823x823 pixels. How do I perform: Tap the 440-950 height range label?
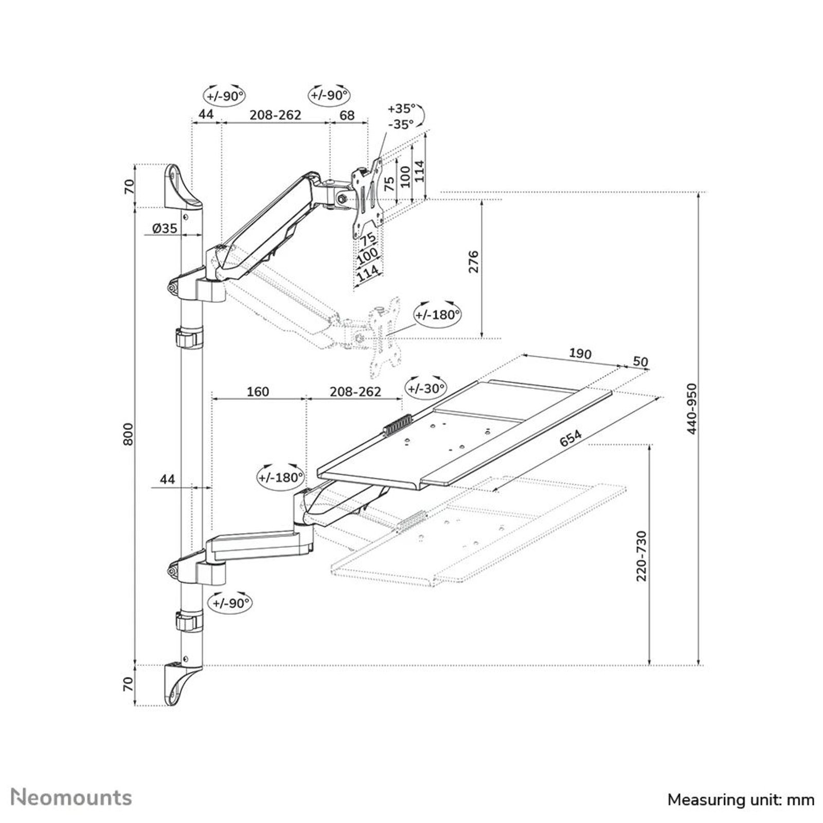(692, 408)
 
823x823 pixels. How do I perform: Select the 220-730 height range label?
(641, 556)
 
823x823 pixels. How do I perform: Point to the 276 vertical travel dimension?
(474, 261)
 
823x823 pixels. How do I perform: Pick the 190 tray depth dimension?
(580, 353)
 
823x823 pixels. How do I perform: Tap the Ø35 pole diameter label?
(165, 228)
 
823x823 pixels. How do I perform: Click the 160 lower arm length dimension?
(258, 391)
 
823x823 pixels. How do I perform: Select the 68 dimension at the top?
(347, 115)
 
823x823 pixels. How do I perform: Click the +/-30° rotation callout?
(426, 388)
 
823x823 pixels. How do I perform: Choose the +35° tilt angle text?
(401, 109)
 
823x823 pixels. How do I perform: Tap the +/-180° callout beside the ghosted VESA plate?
(437, 314)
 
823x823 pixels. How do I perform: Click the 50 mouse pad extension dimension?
(640, 362)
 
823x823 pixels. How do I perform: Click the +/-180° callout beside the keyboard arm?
(281, 477)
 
